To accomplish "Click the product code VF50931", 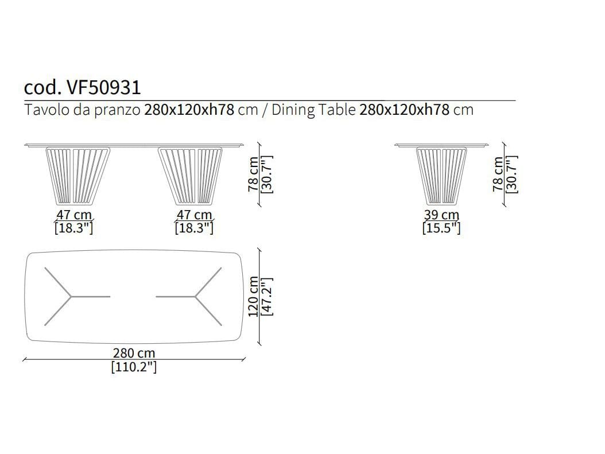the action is (104, 88).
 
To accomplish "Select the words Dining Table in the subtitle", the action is (313, 110).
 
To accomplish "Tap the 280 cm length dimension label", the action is (134, 353).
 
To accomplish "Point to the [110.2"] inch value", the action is (134, 366).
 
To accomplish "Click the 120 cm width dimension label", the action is (254, 296).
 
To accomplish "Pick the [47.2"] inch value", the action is (267, 296).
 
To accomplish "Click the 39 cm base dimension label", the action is (441, 215).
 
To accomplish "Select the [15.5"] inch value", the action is (441, 228).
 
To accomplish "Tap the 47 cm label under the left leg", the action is (74, 215).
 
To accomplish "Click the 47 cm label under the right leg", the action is (194, 215).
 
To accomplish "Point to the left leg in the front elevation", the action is (78, 176).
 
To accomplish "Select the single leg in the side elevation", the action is (441, 176).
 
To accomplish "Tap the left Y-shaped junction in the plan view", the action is (71, 297).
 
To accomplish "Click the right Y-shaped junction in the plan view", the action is (195, 297).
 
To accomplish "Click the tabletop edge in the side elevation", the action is (441, 145).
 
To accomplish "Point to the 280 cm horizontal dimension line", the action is (134, 359).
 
